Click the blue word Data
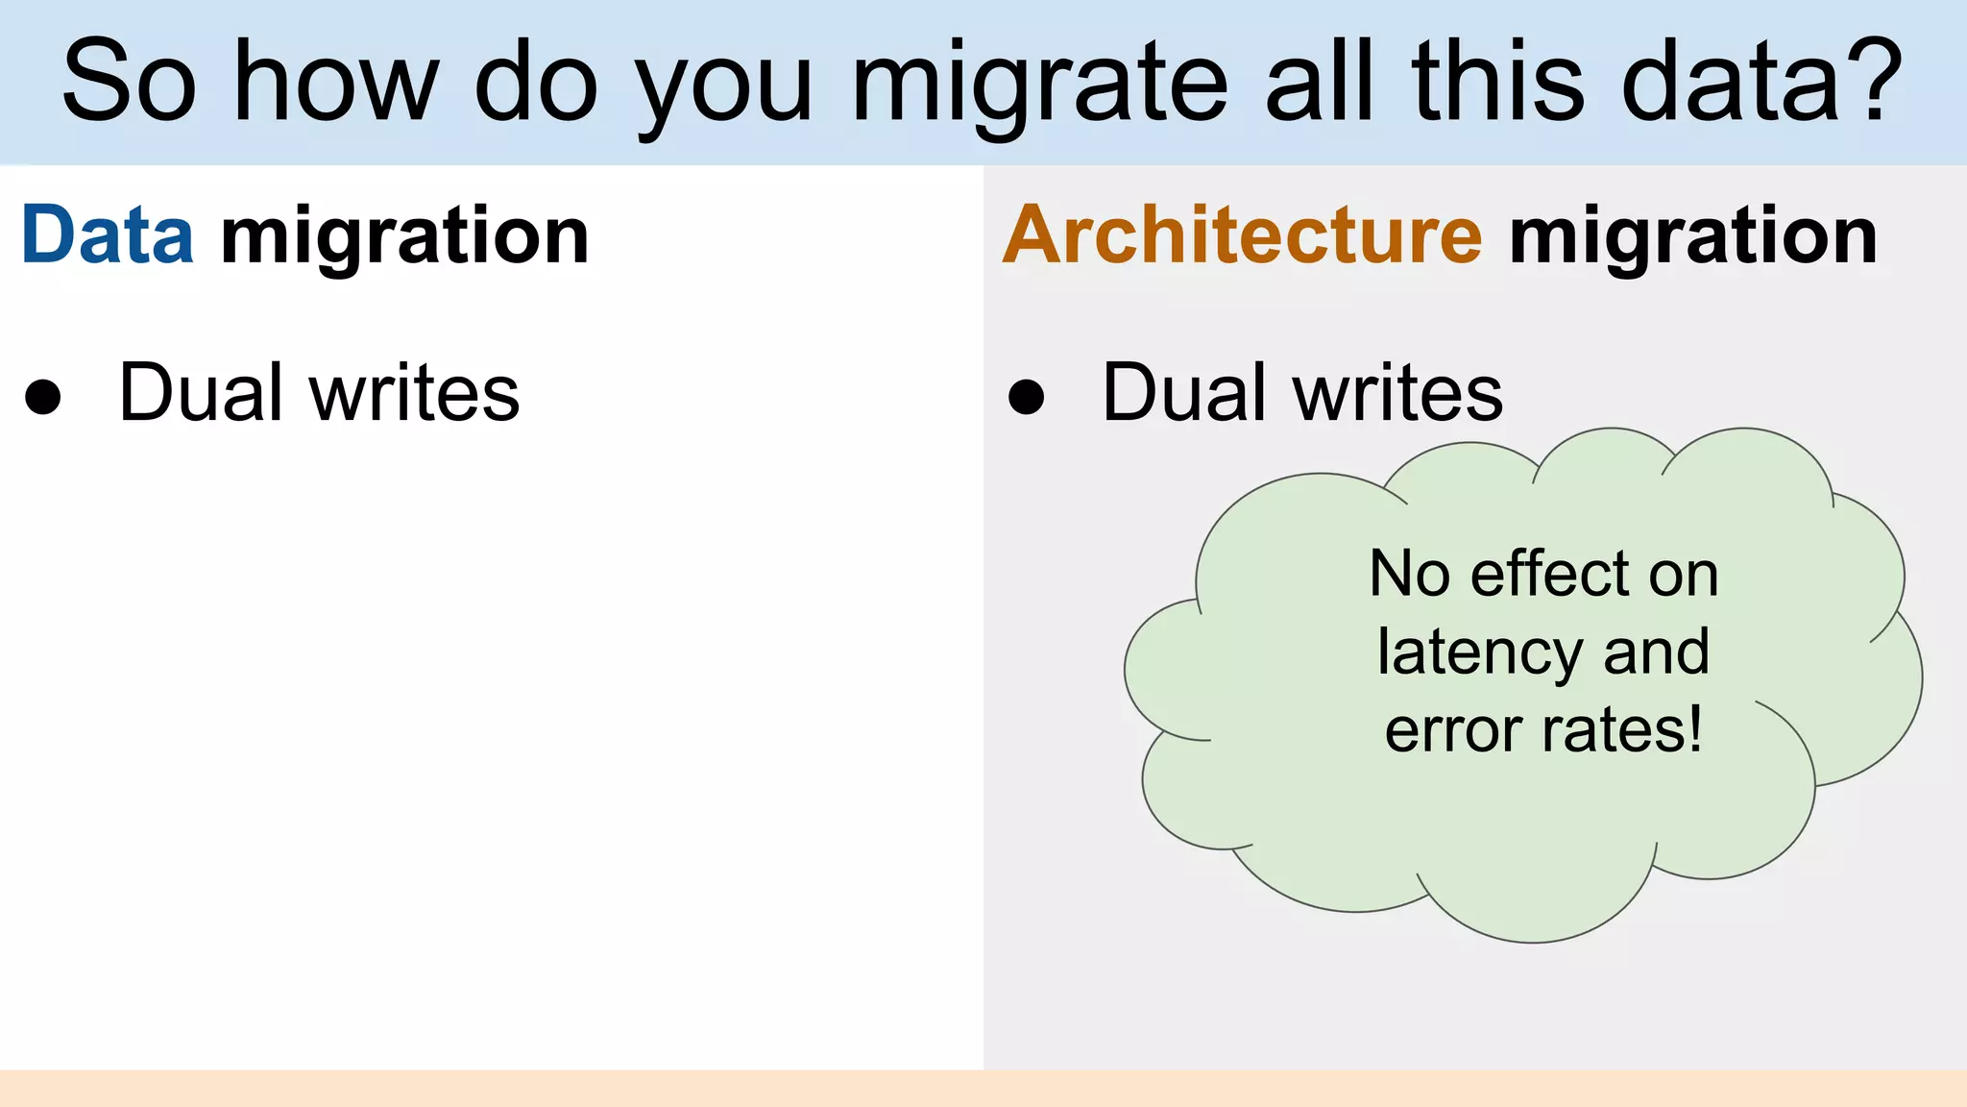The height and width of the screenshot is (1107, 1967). point(108,235)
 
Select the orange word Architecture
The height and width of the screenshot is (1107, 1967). point(1243,235)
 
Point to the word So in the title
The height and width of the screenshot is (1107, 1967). point(129,83)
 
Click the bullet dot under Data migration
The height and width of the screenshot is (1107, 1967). point(43,396)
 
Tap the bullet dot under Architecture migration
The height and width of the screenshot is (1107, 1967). point(1026,396)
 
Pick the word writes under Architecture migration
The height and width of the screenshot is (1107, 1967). point(1397,394)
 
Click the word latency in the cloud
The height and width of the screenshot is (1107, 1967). point(1479,653)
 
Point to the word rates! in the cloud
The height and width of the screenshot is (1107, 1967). point(1623,730)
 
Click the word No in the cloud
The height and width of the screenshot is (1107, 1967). point(1409,575)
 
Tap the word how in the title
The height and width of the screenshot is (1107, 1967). point(336,83)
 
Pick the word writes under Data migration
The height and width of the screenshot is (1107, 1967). point(414,394)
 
